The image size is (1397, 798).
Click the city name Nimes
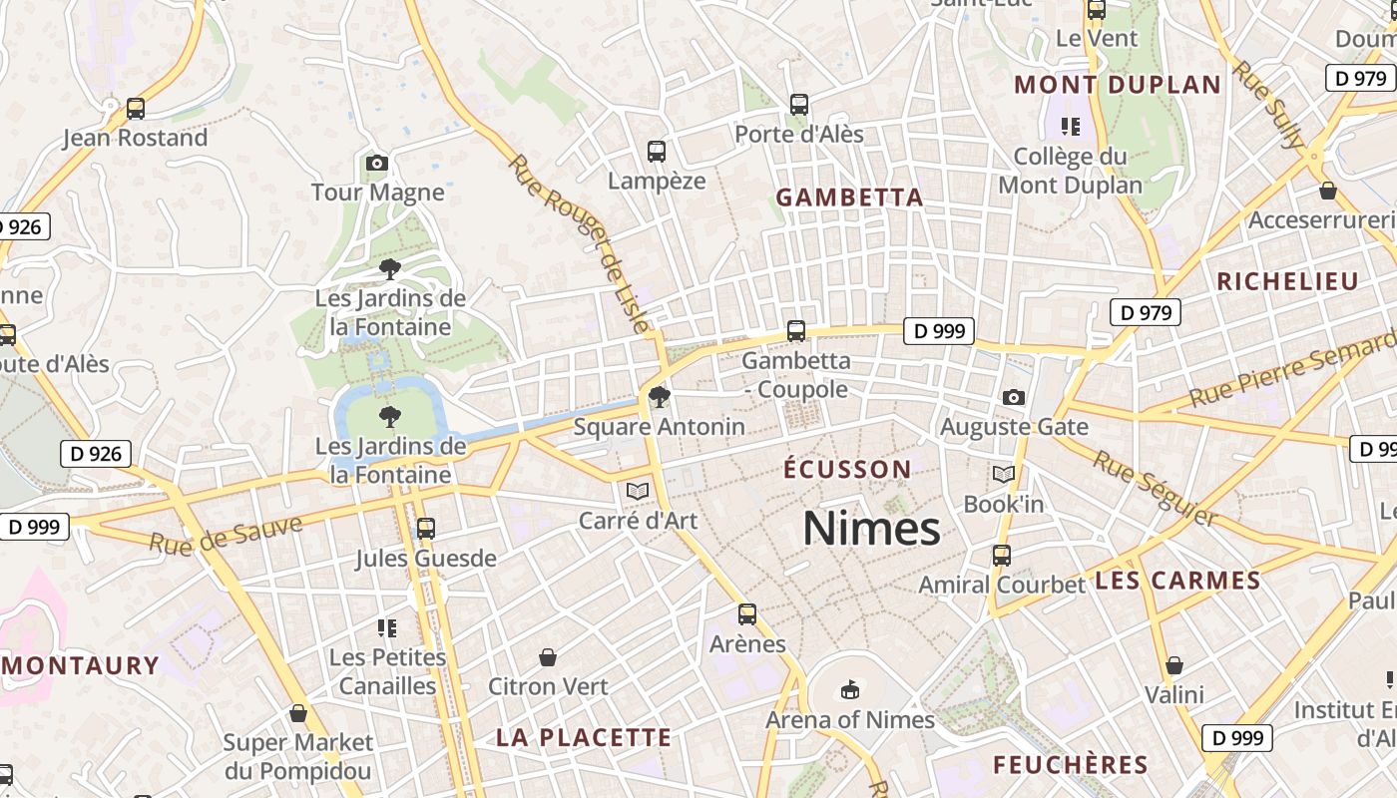(871, 529)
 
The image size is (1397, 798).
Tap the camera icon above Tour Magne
(376, 163)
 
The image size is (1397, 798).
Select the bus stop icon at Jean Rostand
(136, 109)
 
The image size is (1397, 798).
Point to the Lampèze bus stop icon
(656, 152)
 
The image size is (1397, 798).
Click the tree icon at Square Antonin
(659, 398)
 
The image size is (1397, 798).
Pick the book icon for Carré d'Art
(637, 491)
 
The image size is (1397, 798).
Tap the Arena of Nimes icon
(849, 689)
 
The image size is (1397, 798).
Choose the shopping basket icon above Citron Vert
(548, 657)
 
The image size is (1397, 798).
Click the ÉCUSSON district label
(847, 470)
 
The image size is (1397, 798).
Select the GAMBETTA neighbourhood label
(849, 198)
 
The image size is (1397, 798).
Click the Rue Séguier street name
(1155, 488)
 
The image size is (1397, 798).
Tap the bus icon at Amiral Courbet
(1001, 556)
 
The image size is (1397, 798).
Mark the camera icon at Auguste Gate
(1014, 398)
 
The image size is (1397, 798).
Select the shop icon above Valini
(1174, 665)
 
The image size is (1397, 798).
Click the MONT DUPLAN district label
(1118, 85)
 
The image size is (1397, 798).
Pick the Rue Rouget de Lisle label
(579, 242)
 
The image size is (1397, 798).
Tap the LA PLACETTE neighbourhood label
(584, 738)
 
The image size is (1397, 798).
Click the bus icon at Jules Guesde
(426, 529)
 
